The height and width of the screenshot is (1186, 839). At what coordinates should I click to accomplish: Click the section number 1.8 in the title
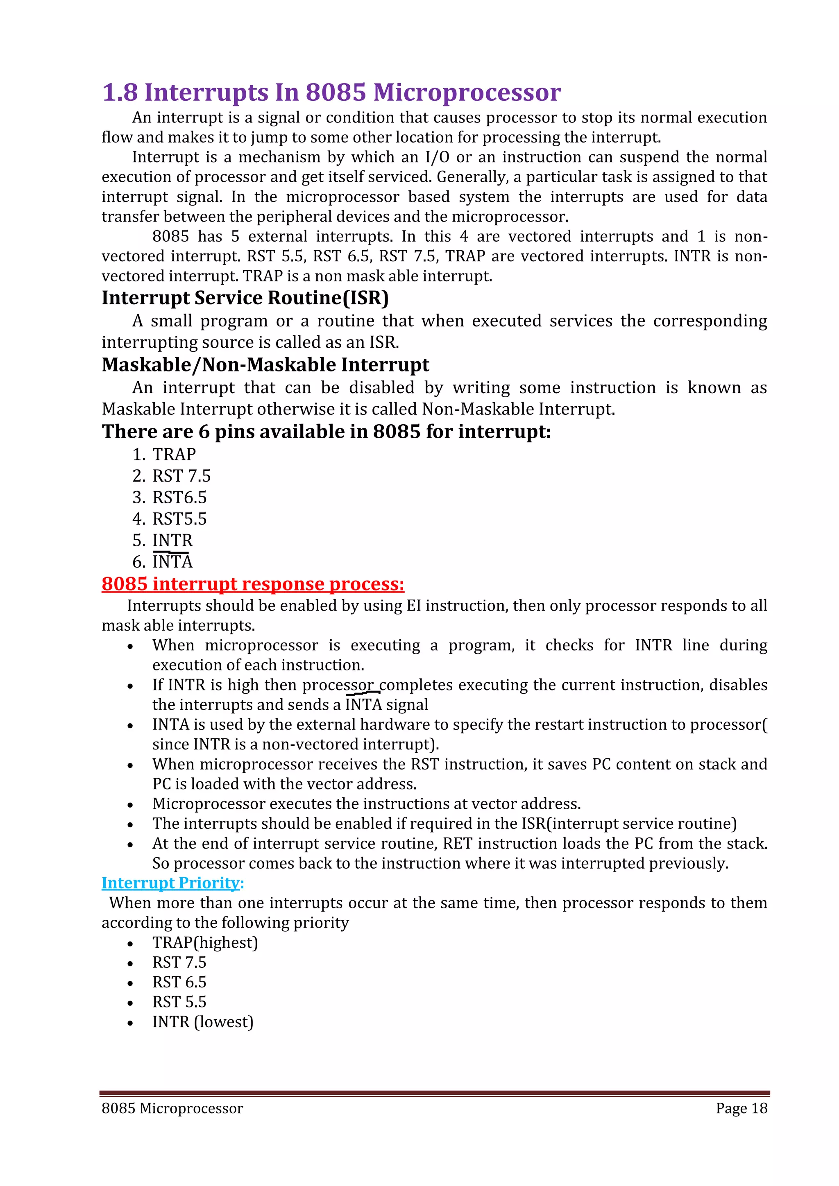[x=120, y=93]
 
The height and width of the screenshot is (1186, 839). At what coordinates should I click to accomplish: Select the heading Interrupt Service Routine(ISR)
[x=245, y=298]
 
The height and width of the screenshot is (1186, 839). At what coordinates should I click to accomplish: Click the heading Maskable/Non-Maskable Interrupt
[x=265, y=364]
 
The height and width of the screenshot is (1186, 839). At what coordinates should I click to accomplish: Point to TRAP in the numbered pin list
[x=174, y=455]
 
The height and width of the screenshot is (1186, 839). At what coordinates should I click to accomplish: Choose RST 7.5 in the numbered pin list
[x=181, y=476]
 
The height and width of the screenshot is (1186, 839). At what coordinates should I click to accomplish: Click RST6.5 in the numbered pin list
[x=179, y=498]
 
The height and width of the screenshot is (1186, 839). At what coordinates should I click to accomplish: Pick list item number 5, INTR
[x=172, y=540]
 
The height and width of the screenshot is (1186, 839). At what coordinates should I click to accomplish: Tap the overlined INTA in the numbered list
[x=172, y=562]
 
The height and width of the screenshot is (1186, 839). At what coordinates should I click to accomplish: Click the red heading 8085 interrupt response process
[x=253, y=584]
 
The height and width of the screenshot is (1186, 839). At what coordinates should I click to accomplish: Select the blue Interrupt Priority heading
[x=172, y=883]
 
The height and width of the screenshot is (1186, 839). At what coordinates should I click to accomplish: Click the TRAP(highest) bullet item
[x=204, y=943]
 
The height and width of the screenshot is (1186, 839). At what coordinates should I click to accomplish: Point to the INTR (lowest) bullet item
[x=202, y=1022]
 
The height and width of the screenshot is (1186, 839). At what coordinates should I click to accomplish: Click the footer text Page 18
[x=741, y=1109]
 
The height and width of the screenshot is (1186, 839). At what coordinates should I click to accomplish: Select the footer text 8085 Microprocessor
[x=172, y=1109]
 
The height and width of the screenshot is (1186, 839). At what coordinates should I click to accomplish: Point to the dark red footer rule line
[x=434, y=1093]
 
